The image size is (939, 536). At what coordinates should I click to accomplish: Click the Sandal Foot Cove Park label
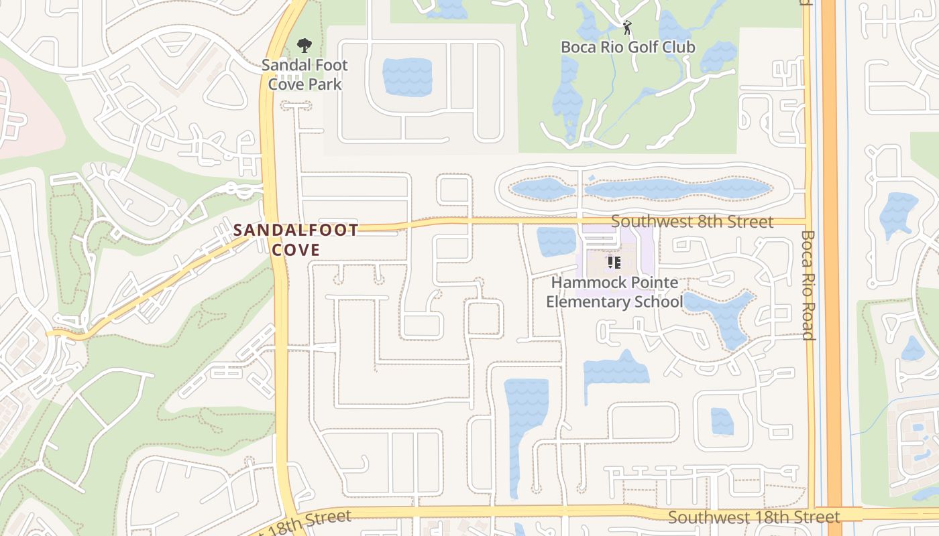pyautogui.click(x=305, y=74)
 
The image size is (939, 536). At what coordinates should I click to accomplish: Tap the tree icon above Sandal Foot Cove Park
pyautogui.click(x=305, y=46)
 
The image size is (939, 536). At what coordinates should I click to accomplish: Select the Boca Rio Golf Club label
pyautogui.click(x=628, y=47)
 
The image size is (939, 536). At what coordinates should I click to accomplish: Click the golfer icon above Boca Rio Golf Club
pyautogui.click(x=627, y=27)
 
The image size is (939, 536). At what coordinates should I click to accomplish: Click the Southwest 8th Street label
pyautogui.click(x=692, y=221)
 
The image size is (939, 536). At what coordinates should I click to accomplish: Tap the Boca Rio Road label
pyautogui.click(x=808, y=285)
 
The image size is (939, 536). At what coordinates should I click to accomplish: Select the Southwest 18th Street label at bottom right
pyautogui.click(x=754, y=517)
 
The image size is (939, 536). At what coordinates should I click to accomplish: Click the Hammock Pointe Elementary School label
pyautogui.click(x=614, y=292)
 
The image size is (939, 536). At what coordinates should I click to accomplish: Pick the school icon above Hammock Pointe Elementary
pyautogui.click(x=614, y=263)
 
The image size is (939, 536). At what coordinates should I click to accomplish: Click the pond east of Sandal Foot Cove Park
pyautogui.click(x=407, y=77)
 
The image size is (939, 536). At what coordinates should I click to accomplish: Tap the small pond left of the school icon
pyautogui.click(x=557, y=241)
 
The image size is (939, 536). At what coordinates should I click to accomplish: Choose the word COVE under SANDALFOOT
pyautogui.click(x=296, y=249)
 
